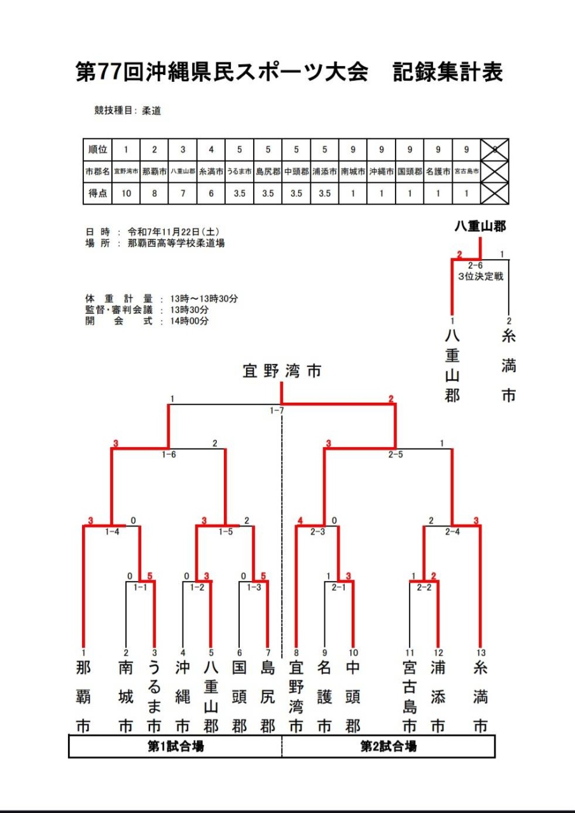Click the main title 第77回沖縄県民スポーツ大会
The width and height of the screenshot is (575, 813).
[222, 72]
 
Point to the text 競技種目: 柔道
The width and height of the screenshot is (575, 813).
[127, 111]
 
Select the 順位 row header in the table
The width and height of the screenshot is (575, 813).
[97, 150]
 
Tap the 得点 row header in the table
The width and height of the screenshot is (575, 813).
[97, 193]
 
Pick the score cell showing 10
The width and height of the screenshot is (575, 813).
[126, 193]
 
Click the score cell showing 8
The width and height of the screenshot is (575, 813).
[155, 193]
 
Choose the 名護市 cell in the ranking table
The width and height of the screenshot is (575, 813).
[438, 171]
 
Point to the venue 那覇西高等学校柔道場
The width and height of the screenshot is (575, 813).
[176, 243]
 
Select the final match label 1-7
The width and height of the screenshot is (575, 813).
[276, 411]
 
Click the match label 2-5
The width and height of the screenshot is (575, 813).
[396, 455]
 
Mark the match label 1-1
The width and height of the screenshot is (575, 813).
[140, 588]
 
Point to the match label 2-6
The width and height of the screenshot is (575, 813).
[475, 265]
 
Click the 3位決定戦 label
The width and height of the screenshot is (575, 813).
[480, 277]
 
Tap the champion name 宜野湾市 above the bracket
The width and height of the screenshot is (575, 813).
[282, 371]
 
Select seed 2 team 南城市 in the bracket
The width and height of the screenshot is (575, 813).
[126, 695]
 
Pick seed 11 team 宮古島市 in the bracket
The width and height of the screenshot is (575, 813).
[410, 695]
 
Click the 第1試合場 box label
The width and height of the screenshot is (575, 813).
[176, 747]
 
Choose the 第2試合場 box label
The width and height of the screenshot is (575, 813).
[389, 747]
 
